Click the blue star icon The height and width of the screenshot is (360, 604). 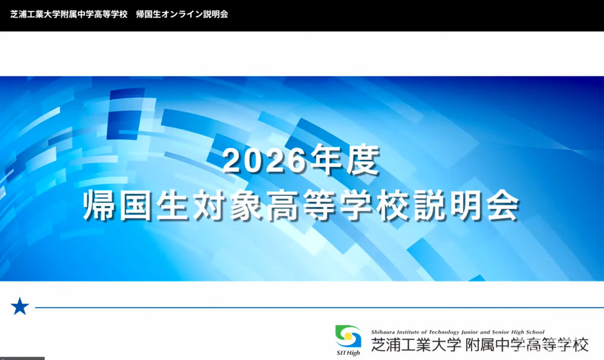[x=19, y=306]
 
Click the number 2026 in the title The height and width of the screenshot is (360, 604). [x=264, y=161]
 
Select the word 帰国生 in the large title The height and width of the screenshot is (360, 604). [x=136, y=205]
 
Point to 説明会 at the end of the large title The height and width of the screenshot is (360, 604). [x=467, y=205]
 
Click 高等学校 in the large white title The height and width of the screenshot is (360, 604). [x=338, y=205]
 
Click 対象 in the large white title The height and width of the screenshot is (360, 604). [x=228, y=205]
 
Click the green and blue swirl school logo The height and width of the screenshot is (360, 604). [x=348, y=336]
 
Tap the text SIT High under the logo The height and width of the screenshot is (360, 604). [x=348, y=353]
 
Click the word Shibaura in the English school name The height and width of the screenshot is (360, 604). [x=383, y=332]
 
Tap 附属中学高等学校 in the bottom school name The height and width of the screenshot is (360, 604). [x=527, y=344]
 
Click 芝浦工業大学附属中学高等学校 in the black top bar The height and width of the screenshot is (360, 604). [x=68, y=14]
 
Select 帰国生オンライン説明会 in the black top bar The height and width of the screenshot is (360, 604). [x=182, y=14]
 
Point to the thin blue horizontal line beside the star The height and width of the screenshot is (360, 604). [x=319, y=307]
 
